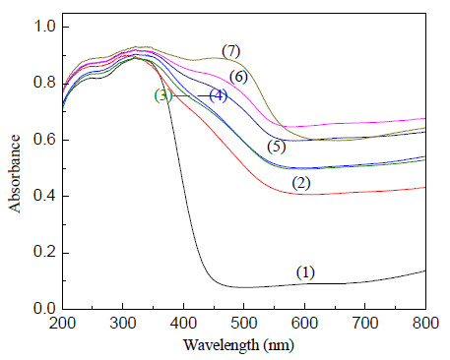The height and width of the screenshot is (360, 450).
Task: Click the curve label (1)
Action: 305,272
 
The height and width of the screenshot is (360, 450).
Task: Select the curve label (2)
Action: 301,183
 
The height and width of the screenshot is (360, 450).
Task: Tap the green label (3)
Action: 163,95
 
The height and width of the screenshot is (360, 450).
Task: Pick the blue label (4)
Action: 219,95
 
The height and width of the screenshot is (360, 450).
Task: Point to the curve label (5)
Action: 277,147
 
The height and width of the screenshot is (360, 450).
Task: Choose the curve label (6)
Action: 238,77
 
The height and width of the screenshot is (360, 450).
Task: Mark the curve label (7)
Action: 231,51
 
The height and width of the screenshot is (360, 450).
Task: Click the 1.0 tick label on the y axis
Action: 45,27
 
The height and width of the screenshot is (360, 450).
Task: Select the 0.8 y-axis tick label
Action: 45,84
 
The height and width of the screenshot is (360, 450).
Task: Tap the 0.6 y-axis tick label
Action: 45,140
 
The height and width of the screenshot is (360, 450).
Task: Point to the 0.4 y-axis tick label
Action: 45,196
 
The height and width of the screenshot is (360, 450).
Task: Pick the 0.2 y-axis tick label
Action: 45,253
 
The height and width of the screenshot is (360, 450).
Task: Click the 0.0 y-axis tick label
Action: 45,309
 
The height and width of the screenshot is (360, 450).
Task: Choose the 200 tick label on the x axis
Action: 62,323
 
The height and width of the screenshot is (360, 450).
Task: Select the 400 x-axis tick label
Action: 184,323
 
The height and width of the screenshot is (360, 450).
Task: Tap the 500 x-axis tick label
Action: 244,323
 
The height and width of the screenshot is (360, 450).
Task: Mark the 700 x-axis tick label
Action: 365,323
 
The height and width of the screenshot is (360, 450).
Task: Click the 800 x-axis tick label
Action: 425,323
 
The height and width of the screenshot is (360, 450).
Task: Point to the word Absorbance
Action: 15,174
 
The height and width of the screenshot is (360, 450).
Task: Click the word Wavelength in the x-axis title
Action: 222,345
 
